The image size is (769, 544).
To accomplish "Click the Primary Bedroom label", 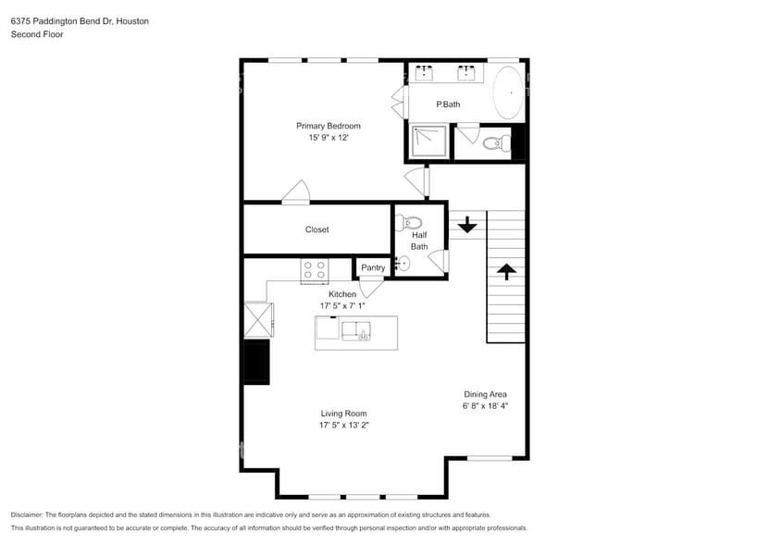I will [328, 126].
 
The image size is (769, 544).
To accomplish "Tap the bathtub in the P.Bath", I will [508, 93].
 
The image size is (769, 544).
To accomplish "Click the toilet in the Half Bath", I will [409, 222].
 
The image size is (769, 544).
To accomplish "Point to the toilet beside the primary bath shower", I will [496, 142].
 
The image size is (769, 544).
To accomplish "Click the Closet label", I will [316, 229].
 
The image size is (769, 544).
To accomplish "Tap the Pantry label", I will [373, 267].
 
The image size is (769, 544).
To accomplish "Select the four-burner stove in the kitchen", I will [314, 269].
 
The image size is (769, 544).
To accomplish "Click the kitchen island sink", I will [356, 330].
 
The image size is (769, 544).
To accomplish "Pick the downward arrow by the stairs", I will [467, 224].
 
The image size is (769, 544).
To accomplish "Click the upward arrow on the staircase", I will [506, 271].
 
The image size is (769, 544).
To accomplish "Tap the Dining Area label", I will [485, 394].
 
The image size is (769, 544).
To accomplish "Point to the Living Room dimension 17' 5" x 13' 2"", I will [343, 426].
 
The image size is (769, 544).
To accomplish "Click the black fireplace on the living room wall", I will [256, 362].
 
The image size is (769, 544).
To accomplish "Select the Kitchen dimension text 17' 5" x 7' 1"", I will [342, 305].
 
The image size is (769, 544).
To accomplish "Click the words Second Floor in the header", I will [36, 34].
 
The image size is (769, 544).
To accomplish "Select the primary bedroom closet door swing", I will [297, 192].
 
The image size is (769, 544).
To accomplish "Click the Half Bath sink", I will [401, 264].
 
